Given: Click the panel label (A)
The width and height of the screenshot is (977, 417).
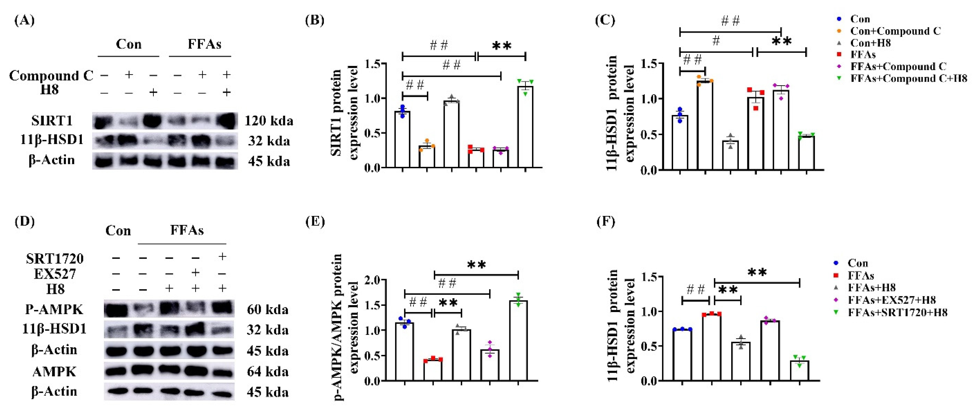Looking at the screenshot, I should [x=24, y=20].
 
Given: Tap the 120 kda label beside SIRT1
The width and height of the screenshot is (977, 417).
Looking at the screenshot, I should [x=269, y=121].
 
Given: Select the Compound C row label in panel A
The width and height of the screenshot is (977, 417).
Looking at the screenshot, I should [x=51, y=75].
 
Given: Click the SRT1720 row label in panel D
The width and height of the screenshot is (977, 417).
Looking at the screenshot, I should [x=55, y=258].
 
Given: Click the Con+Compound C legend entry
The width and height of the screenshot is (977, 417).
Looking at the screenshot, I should [x=895, y=31].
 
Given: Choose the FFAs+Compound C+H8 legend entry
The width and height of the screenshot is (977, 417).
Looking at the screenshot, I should [x=908, y=79].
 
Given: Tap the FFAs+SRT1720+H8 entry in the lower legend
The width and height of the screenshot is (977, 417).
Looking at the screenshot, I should [x=897, y=313].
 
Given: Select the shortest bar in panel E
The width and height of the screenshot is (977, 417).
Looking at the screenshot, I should [x=433, y=370].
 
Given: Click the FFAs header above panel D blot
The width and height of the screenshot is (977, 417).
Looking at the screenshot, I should [x=187, y=230].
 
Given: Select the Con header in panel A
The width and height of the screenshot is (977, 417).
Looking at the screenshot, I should [x=128, y=45].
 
